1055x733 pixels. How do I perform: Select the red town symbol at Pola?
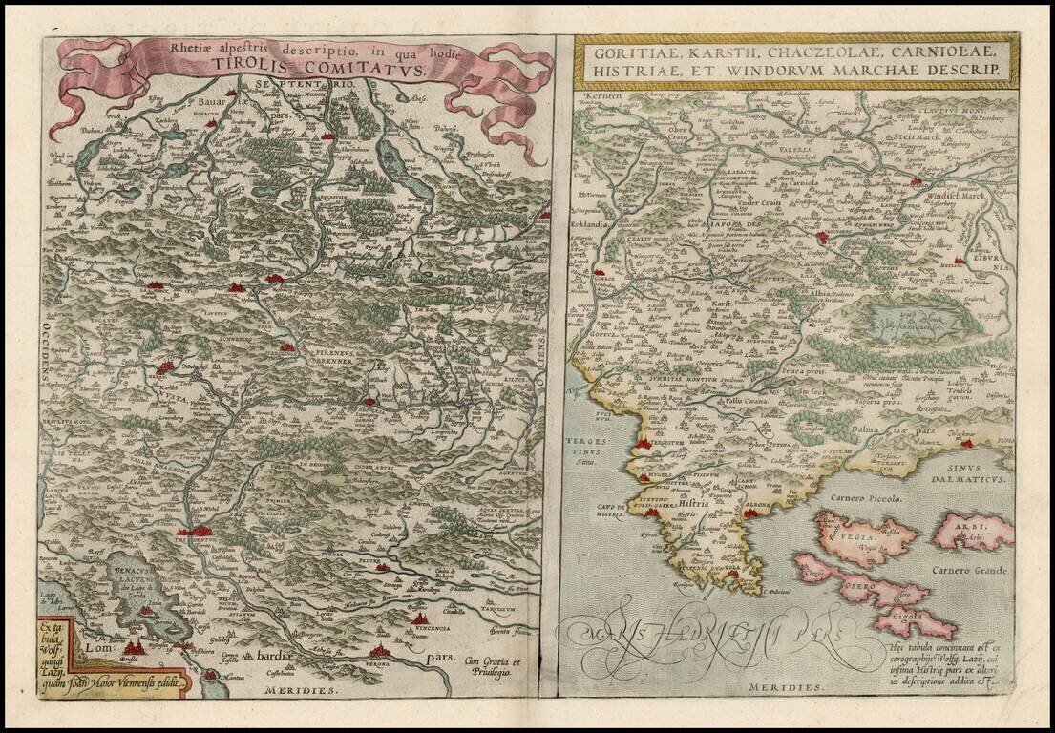coord(733,573)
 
